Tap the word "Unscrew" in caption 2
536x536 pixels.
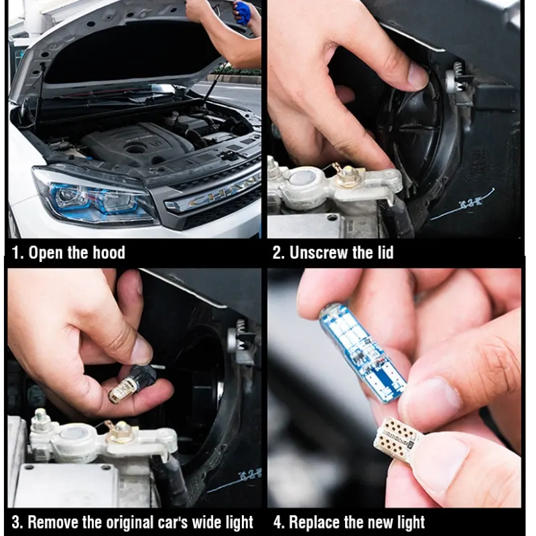coord(319,253)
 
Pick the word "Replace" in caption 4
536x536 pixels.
coord(314,523)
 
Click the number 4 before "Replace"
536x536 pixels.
coord(278,523)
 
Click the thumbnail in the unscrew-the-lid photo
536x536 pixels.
coord(417,74)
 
